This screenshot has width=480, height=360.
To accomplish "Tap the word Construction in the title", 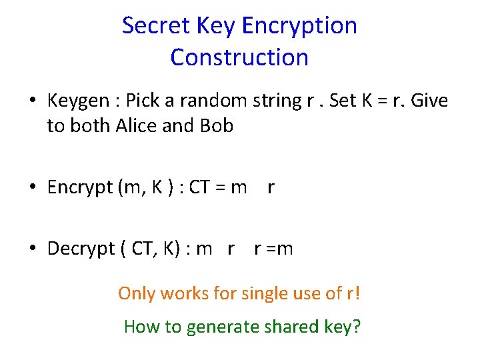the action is [x=239, y=57].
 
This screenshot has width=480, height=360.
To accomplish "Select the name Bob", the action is [x=215, y=125].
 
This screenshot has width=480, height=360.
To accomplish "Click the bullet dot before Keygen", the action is [x=32, y=102].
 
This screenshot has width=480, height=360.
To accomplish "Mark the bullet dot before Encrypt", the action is [x=32, y=189].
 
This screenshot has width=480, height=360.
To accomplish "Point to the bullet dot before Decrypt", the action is [x=32, y=250].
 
